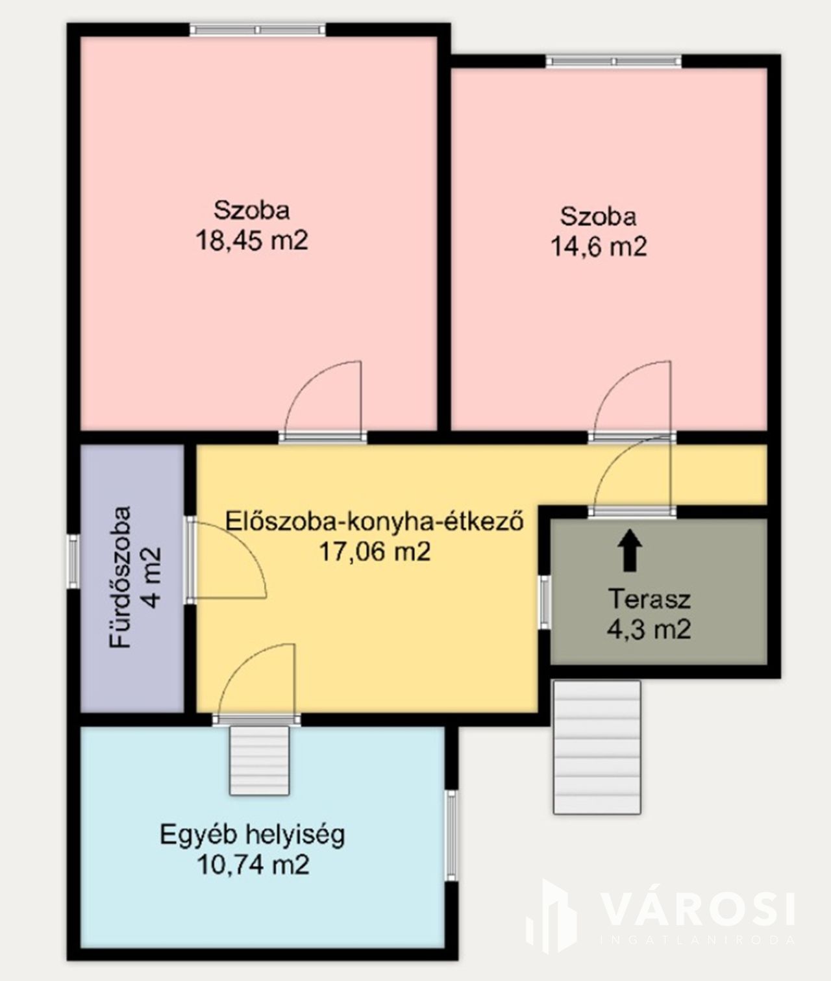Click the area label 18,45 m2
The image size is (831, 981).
point(251,241)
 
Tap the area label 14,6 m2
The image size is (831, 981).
point(599,247)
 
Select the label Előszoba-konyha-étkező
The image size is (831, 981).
point(375,521)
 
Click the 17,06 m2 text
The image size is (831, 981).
point(375,551)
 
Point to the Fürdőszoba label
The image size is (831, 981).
point(120,577)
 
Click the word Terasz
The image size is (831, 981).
point(649,599)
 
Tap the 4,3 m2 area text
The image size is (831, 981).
point(649,630)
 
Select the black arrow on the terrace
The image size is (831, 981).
point(629,550)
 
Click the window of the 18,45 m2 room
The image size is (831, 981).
point(258,30)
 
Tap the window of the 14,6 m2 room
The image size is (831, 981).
point(613,62)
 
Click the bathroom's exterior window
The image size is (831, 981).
point(73,562)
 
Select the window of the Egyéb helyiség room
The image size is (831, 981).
point(451,836)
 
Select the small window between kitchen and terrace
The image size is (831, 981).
point(544,602)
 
